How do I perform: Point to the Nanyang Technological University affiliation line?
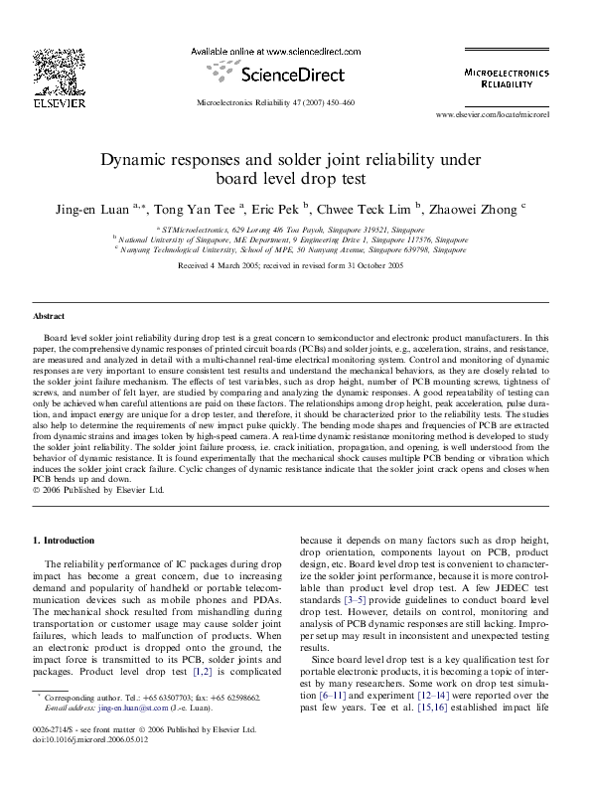coord(294,249)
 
